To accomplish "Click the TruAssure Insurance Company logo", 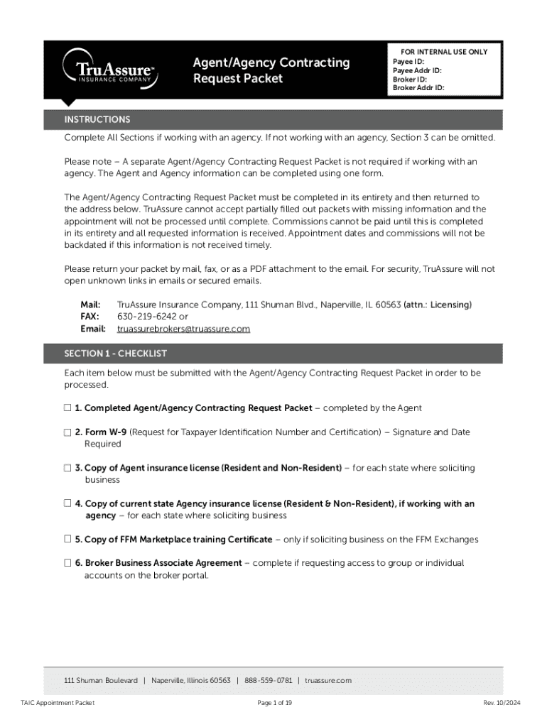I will point(107,70).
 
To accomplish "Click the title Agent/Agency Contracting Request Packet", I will point(271,70).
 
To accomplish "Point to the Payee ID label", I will point(408,62).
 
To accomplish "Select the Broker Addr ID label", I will point(418,88).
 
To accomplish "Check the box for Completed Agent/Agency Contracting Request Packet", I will point(67,408).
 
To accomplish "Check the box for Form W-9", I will point(67,432).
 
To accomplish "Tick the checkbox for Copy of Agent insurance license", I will point(67,468).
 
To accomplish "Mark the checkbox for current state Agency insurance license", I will point(67,503).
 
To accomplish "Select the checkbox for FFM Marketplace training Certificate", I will point(67,540).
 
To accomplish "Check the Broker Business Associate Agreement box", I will point(67,563).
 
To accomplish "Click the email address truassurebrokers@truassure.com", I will point(183,329).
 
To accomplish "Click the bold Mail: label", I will point(90,305).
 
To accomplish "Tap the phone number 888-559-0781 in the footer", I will point(268,680).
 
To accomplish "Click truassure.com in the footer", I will point(328,680).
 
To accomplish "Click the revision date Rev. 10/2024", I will point(502,703).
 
